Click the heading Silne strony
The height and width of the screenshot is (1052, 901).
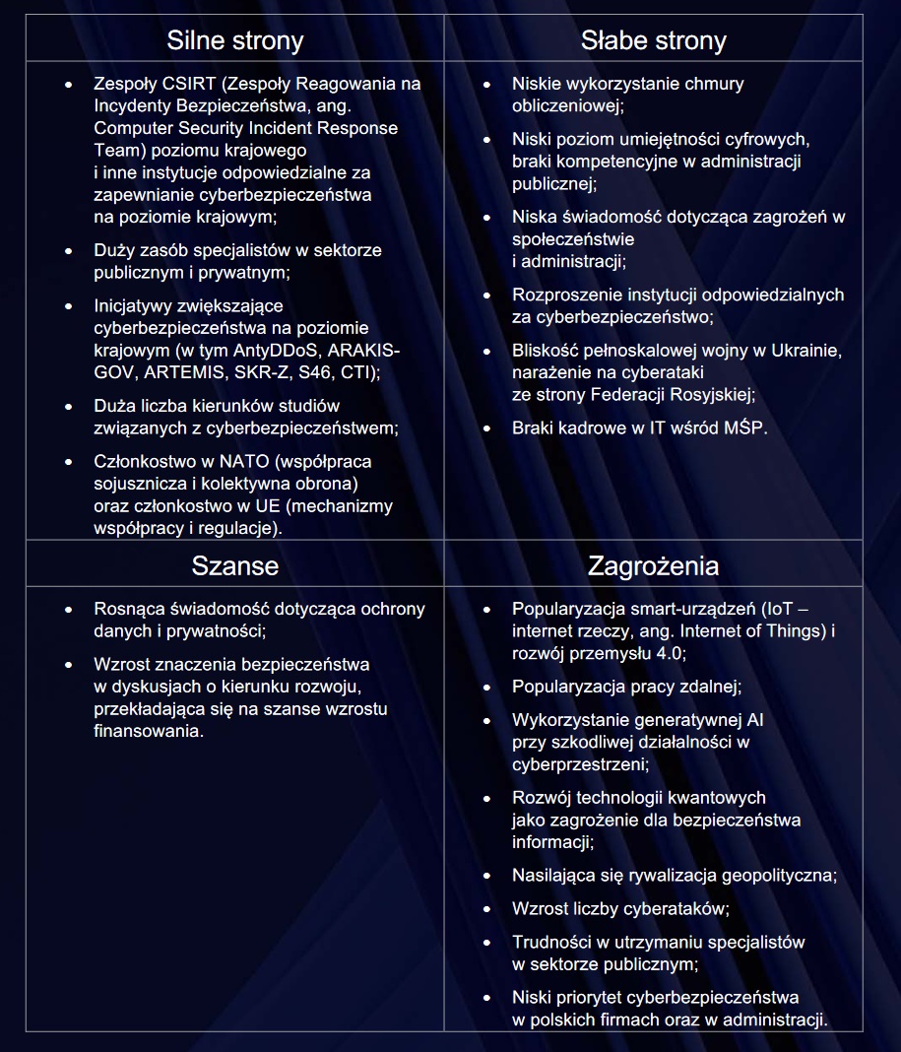click(x=234, y=40)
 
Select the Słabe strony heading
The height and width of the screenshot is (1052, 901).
click(x=653, y=40)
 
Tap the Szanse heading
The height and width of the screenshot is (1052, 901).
click(x=234, y=566)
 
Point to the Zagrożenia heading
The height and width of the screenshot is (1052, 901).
click(x=653, y=566)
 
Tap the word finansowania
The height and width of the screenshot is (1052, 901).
click(x=148, y=731)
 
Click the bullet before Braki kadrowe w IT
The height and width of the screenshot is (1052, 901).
click(x=486, y=428)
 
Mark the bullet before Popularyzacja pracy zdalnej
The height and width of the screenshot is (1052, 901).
click(x=486, y=687)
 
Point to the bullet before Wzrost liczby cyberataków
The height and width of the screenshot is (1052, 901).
click(x=486, y=908)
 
